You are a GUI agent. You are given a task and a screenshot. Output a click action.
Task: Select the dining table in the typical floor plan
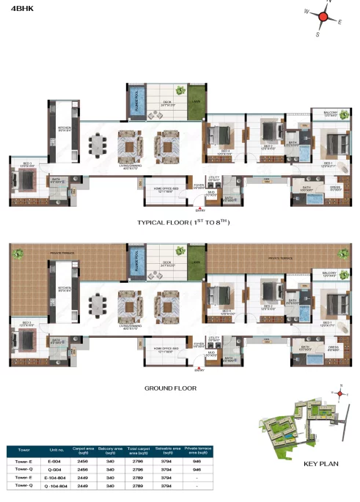tap(96, 143)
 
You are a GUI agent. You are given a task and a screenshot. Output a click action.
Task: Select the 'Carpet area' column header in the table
tap(82, 451)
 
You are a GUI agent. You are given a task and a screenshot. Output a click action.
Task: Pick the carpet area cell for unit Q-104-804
tap(82, 484)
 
